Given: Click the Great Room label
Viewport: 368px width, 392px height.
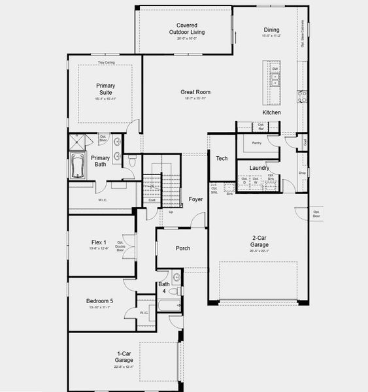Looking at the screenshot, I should point(195,92).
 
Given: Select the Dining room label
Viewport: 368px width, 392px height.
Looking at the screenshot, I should point(271,29).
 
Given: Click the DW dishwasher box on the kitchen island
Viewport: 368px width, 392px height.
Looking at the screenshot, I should point(275,69).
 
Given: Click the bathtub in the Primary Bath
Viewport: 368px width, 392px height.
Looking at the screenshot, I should point(77,166).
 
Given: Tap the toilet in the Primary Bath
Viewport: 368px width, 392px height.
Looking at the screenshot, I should point(131,160).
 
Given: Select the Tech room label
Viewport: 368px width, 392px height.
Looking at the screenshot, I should point(222,158).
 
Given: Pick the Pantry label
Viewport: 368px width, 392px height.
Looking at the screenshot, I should point(256,142).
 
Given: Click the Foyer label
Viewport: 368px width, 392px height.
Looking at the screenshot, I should point(195,199).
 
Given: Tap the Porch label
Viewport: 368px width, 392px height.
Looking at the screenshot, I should point(183,248).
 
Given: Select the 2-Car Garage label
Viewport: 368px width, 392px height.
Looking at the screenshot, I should point(260,241).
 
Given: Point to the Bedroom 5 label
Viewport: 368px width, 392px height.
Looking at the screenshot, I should point(99,301).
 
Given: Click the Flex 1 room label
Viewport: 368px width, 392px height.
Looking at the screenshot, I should point(99,242).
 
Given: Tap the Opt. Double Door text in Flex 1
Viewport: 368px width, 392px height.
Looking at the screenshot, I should point(121,247).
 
